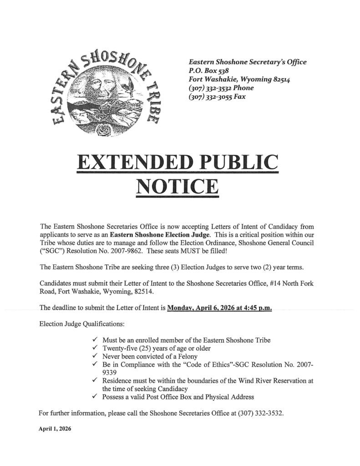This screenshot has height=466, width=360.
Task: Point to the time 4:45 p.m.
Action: coord(257,308)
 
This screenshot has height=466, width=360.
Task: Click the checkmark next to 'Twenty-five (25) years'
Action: coord(95,348)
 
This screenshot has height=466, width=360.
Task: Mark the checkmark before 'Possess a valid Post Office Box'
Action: coord(95,397)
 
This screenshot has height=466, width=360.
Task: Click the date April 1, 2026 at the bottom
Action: coord(55,429)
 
